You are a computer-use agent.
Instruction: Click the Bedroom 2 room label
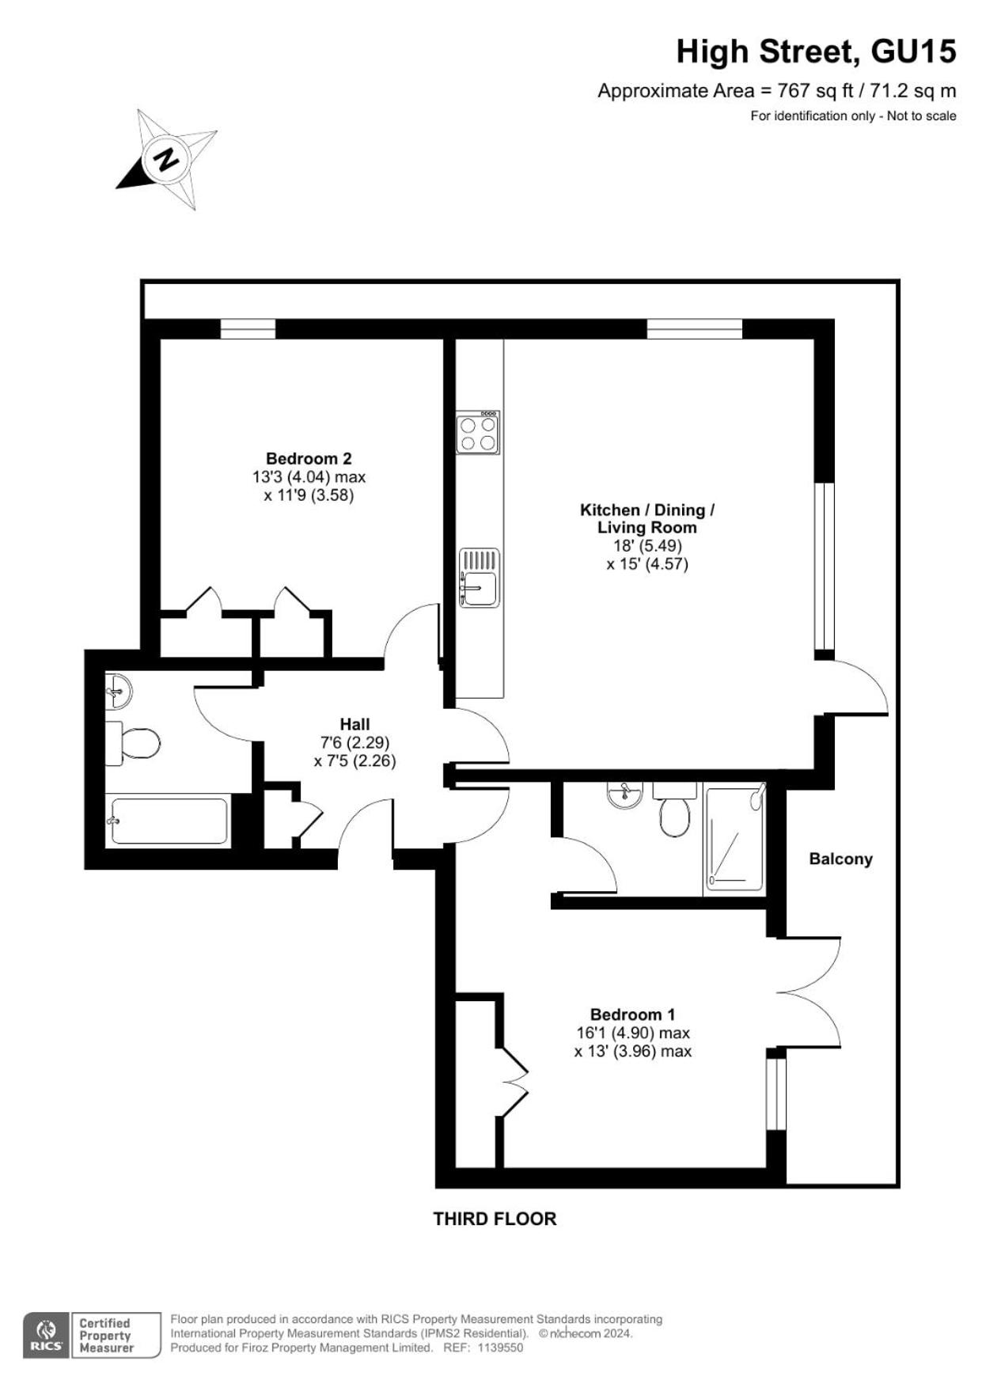tap(309, 458)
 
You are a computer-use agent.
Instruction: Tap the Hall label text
tap(355, 724)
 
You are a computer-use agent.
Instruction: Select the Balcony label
tap(840, 859)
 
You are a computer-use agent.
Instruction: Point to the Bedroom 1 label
tap(632, 1014)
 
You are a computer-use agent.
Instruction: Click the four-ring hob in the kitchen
tap(478, 432)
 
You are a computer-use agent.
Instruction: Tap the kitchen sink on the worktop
tap(480, 578)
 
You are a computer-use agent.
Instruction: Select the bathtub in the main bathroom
tap(169, 821)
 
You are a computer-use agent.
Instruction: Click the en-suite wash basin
tap(625, 794)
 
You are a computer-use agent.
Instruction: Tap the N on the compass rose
tap(167, 159)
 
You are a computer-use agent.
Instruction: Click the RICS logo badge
tap(46, 1336)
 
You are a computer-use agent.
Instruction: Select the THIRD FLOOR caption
tap(495, 1219)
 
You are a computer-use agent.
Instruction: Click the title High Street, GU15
tap(816, 52)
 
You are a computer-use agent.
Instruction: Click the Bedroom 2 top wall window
tap(248, 328)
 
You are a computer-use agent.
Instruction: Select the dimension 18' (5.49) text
tap(647, 546)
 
